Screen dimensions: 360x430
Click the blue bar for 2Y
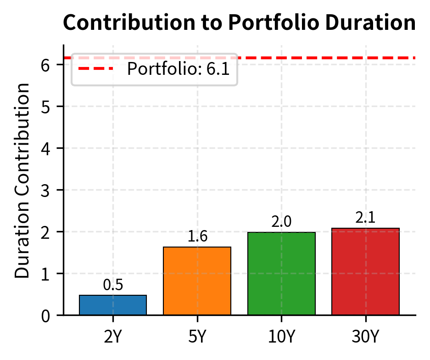(x=113, y=305)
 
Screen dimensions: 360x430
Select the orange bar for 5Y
(x=197, y=281)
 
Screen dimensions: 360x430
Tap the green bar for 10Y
(x=281, y=273)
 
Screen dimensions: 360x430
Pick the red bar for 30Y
(x=366, y=271)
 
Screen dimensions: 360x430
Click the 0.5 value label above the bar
(x=113, y=285)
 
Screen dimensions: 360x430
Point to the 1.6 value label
(x=197, y=236)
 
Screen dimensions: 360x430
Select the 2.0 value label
(x=281, y=222)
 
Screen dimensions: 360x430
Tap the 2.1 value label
(x=366, y=218)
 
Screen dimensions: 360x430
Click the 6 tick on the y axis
(x=45, y=65)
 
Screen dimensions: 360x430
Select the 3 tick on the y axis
(x=45, y=190)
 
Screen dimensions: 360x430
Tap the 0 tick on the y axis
(x=45, y=316)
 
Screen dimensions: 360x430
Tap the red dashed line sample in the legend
(x=95, y=69)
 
